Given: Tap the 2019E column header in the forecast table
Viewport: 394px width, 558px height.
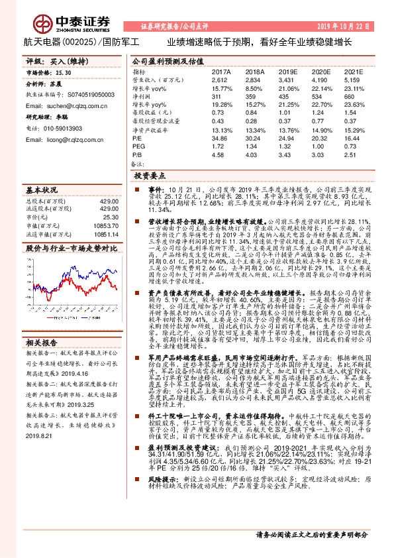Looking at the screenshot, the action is tap(289, 71).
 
